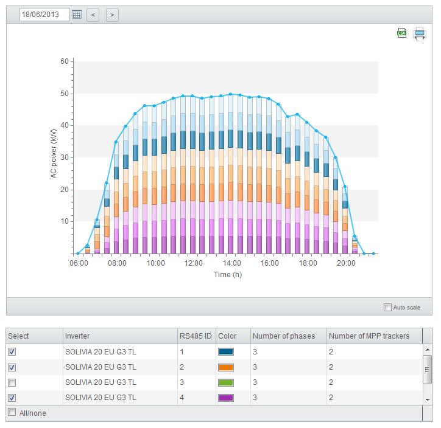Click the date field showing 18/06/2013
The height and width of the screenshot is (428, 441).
click(44, 15)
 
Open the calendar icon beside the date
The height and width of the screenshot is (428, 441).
click(77, 15)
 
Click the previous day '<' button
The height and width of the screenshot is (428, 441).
click(93, 15)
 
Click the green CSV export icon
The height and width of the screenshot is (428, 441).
click(402, 33)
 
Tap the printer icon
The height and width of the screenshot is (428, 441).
click(420, 34)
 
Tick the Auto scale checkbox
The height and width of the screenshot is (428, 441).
click(387, 307)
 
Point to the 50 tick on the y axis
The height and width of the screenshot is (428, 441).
click(65, 94)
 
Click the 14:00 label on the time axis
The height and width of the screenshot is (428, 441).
click(231, 263)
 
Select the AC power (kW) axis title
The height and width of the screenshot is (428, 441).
click(54, 154)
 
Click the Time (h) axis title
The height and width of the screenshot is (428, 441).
click(228, 274)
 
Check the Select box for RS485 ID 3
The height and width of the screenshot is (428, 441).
click(12, 382)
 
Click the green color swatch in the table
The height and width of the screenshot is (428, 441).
click(225, 382)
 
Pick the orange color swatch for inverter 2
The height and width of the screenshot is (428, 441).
click(225, 367)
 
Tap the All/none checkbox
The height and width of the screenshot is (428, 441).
click(12, 412)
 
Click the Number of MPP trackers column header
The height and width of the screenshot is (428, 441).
click(369, 336)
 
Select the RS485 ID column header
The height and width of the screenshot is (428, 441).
click(196, 336)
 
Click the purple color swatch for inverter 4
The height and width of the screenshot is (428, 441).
click(225, 398)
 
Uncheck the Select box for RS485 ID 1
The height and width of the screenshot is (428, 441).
click(12, 351)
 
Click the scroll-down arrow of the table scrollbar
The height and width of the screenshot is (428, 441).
click(428, 399)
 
